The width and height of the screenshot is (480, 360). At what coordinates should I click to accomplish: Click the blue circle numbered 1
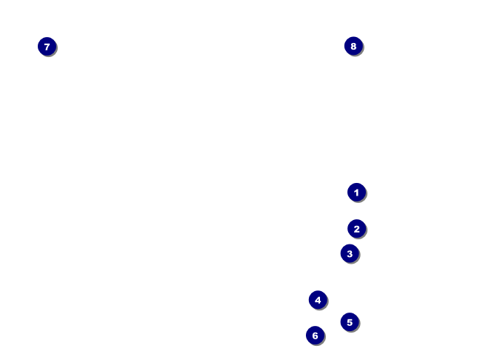point(356,193)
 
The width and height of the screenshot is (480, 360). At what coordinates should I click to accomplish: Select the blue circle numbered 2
point(356,229)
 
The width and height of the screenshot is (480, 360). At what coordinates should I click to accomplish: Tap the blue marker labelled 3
point(350,253)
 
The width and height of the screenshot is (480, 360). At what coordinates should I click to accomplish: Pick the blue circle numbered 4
point(318,300)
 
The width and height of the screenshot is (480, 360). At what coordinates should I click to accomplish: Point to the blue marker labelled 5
point(350,322)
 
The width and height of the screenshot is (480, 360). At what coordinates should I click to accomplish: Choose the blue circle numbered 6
point(315,336)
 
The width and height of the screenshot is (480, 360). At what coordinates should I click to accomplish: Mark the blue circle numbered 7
point(47,47)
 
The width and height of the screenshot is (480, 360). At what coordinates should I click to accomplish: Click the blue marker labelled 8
point(353,46)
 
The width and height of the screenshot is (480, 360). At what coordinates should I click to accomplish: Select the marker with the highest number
point(353,46)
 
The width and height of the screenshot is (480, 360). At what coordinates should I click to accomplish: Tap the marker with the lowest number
point(356,193)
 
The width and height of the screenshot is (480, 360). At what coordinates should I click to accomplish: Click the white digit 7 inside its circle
point(47,47)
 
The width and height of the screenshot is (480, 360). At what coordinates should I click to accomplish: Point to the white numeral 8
point(353,46)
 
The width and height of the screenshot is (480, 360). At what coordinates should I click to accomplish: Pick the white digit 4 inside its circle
point(318,300)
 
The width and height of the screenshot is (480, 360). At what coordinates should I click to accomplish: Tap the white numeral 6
point(315,336)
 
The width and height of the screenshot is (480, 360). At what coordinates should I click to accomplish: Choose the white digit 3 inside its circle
point(350,253)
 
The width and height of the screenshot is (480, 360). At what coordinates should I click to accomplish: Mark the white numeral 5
point(350,322)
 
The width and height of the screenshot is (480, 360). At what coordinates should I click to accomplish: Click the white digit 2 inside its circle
point(356,229)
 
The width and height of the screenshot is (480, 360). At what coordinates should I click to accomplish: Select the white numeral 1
point(356,193)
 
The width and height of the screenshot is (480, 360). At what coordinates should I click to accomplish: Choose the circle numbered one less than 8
point(47,47)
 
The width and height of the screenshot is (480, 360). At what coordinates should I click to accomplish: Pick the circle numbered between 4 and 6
point(350,322)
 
